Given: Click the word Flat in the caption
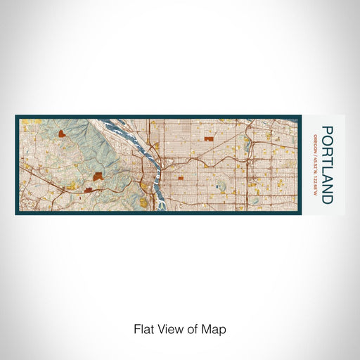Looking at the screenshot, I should click(143, 328).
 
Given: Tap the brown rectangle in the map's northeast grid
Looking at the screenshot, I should click(207, 139).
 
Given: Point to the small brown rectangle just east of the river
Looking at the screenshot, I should click(181, 178).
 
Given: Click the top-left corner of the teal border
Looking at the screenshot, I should click(16, 116).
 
